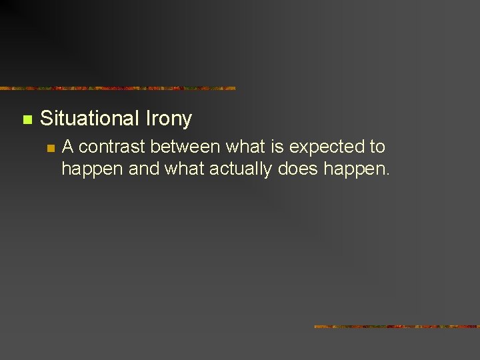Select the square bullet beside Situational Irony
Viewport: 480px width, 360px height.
coord(27,120)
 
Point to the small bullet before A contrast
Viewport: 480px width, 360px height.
coord(49,148)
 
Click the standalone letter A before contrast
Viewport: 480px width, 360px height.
coord(67,147)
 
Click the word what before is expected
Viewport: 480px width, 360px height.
coord(247,147)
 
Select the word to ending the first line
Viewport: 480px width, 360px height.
coord(377,147)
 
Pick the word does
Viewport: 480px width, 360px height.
coord(298,169)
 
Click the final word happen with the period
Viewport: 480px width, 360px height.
coord(356,170)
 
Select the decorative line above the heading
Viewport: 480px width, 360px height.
coord(117,88)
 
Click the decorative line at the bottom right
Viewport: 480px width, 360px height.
coord(397,327)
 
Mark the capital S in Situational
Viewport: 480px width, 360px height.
coord(46,119)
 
